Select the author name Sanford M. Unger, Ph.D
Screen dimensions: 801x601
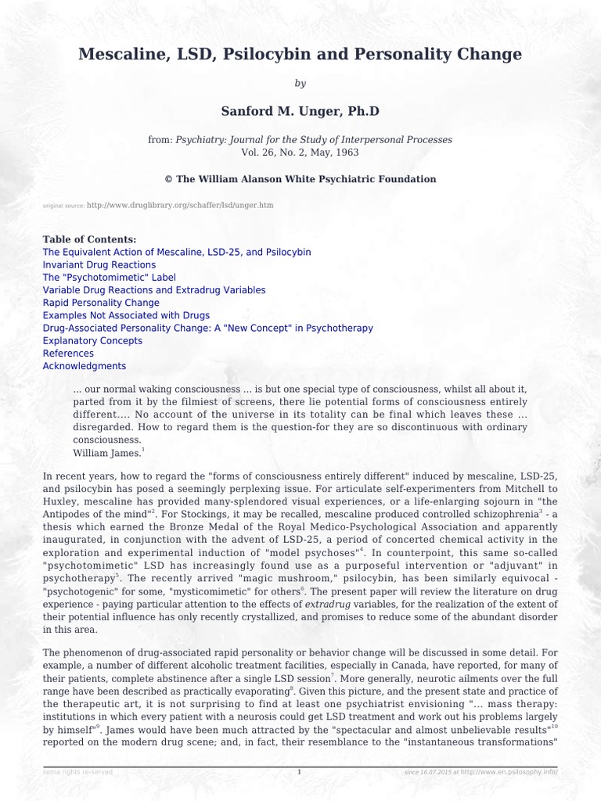pyautogui.click(x=300, y=111)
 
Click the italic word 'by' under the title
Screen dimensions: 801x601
pyautogui.click(x=300, y=84)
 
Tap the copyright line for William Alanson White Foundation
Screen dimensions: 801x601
pyautogui.click(x=300, y=179)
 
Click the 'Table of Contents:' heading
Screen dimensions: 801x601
pyautogui.click(x=89, y=239)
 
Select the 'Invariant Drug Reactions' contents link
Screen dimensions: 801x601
pyautogui.click(x=99, y=265)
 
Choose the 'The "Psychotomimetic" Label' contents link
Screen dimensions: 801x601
pyautogui.click(x=109, y=278)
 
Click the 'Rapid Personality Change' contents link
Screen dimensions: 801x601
pyautogui.click(x=101, y=303)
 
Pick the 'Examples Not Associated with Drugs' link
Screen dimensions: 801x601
pyautogui.click(x=126, y=315)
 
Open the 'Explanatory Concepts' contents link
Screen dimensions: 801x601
pyautogui.click(x=92, y=341)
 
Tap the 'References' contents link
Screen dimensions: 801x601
pyautogui.click(x=68, y=354)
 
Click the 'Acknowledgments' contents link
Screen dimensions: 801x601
pyautogui.click(x=84, y=366)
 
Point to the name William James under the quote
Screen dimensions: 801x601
pyautogui.click(x=106, y=453)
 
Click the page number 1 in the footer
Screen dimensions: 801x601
pyautogui.click(x=300, y=772)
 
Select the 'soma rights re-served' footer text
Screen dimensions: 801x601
pyautogui.click(x=78, y=772)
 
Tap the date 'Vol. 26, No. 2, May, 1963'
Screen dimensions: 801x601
pyautogui.click(x=300, y=152)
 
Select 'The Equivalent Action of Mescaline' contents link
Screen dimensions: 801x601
pyautogui.click(x=176, y=252)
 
